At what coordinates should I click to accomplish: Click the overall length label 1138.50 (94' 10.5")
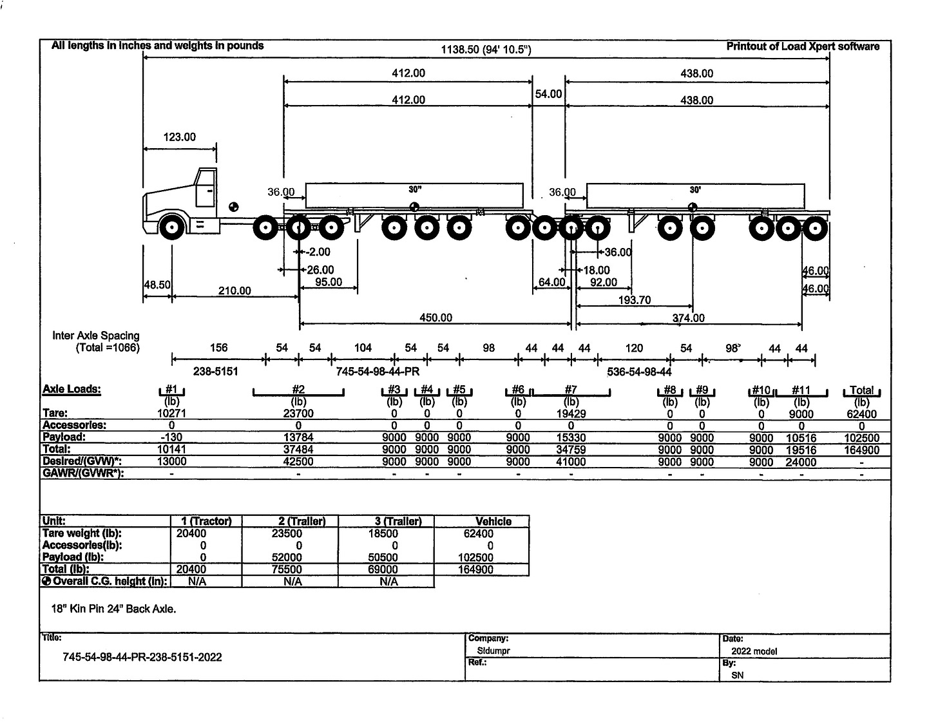(486, 50)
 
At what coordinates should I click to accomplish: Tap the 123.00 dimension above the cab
(179, 137)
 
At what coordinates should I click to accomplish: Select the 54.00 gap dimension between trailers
(548, 94)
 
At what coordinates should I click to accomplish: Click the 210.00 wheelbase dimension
(235, 291)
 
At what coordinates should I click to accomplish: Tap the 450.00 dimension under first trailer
(436, 318)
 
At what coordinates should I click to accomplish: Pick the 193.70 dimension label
(635, 300)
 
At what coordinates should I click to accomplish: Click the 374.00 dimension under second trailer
(689, 318)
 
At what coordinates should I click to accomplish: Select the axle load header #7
(571, 390)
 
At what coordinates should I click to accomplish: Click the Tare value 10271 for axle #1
(171, 414)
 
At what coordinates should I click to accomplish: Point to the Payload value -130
(171, 437)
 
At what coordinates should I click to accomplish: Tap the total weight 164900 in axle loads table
(861, 450)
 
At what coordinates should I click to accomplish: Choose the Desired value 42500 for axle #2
(298, 462)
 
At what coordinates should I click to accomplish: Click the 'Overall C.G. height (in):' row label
(105, 581)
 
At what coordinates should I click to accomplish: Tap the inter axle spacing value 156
(219, 348)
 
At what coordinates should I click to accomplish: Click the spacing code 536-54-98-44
(639, 372)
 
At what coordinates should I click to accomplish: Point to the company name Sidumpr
(489, 651)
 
